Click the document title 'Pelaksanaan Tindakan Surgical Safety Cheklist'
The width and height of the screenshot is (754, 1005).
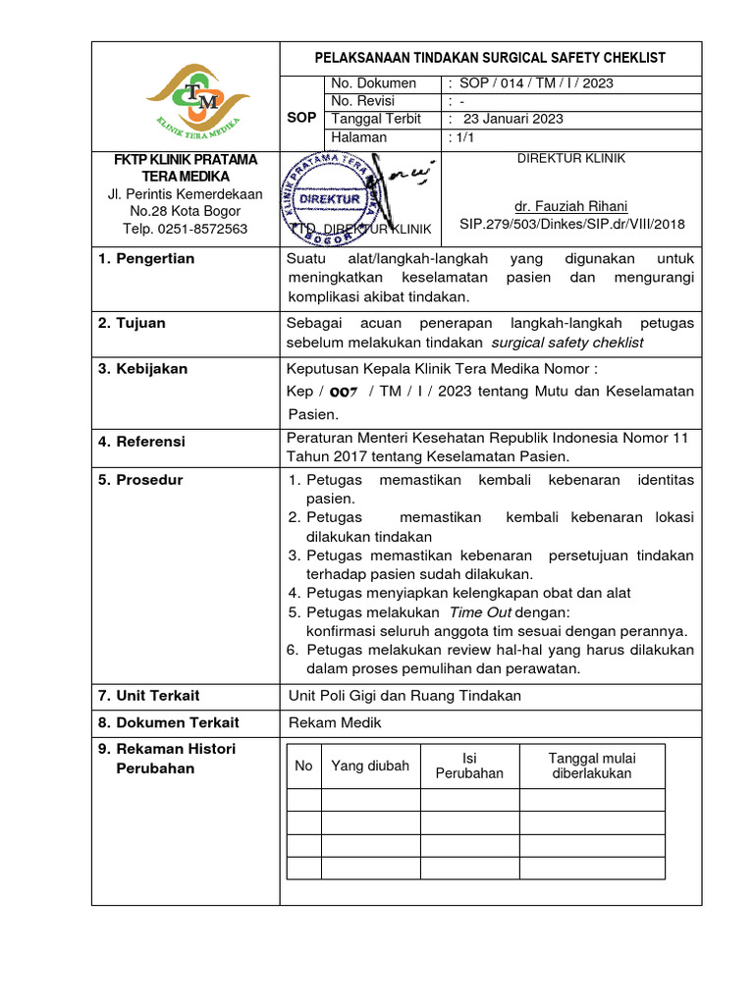coord(490,59)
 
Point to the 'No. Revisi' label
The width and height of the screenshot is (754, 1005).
coord(364,101)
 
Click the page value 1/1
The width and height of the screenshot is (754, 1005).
coord(460,137)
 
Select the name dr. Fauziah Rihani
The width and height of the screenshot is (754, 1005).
coord(571,206)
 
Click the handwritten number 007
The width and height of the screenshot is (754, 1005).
coord(343,391)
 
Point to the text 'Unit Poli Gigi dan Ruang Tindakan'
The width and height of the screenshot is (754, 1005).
coord(404,695)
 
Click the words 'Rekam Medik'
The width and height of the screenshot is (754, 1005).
coord(334,722)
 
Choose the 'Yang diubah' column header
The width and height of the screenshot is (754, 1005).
coord(370,766)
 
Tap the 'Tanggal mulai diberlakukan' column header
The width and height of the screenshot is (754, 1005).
coord(591,766)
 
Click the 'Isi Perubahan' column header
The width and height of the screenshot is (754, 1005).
coord(469,766)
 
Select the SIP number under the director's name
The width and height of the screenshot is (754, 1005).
coord(571,224)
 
